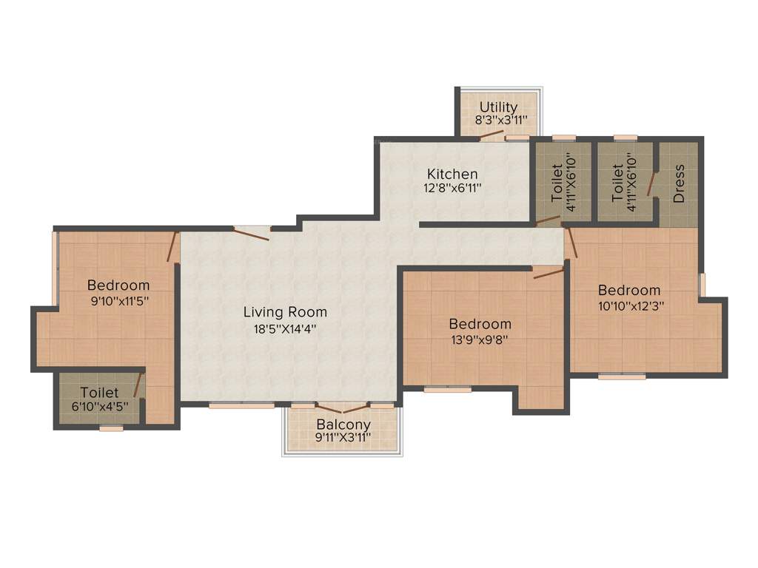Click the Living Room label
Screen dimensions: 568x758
pos(285,312)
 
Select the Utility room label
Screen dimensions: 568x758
pos(498,107)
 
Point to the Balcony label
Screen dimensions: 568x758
pos(343,425)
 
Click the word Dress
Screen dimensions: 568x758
pos(679,183)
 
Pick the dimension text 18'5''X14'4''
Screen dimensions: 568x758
pos(285,330)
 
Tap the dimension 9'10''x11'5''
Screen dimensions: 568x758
pos(118,302)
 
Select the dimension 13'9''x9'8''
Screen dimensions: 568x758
pos(480,340)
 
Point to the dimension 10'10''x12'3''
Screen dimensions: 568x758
pos(629,306)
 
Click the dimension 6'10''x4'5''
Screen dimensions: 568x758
pos(100,407)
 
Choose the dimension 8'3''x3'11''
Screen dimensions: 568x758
pos(500,121)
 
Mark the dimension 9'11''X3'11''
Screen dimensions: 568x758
pos(343,439)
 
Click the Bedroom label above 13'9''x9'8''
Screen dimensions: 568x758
pos(480,324)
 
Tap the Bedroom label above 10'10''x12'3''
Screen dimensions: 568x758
pos(629,290)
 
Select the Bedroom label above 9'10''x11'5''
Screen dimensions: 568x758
pos(118,285)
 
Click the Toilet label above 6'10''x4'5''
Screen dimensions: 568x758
pos(99,392)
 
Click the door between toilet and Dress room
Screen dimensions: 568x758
pos(651,184)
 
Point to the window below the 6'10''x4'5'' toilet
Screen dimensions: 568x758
pos(111,428)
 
